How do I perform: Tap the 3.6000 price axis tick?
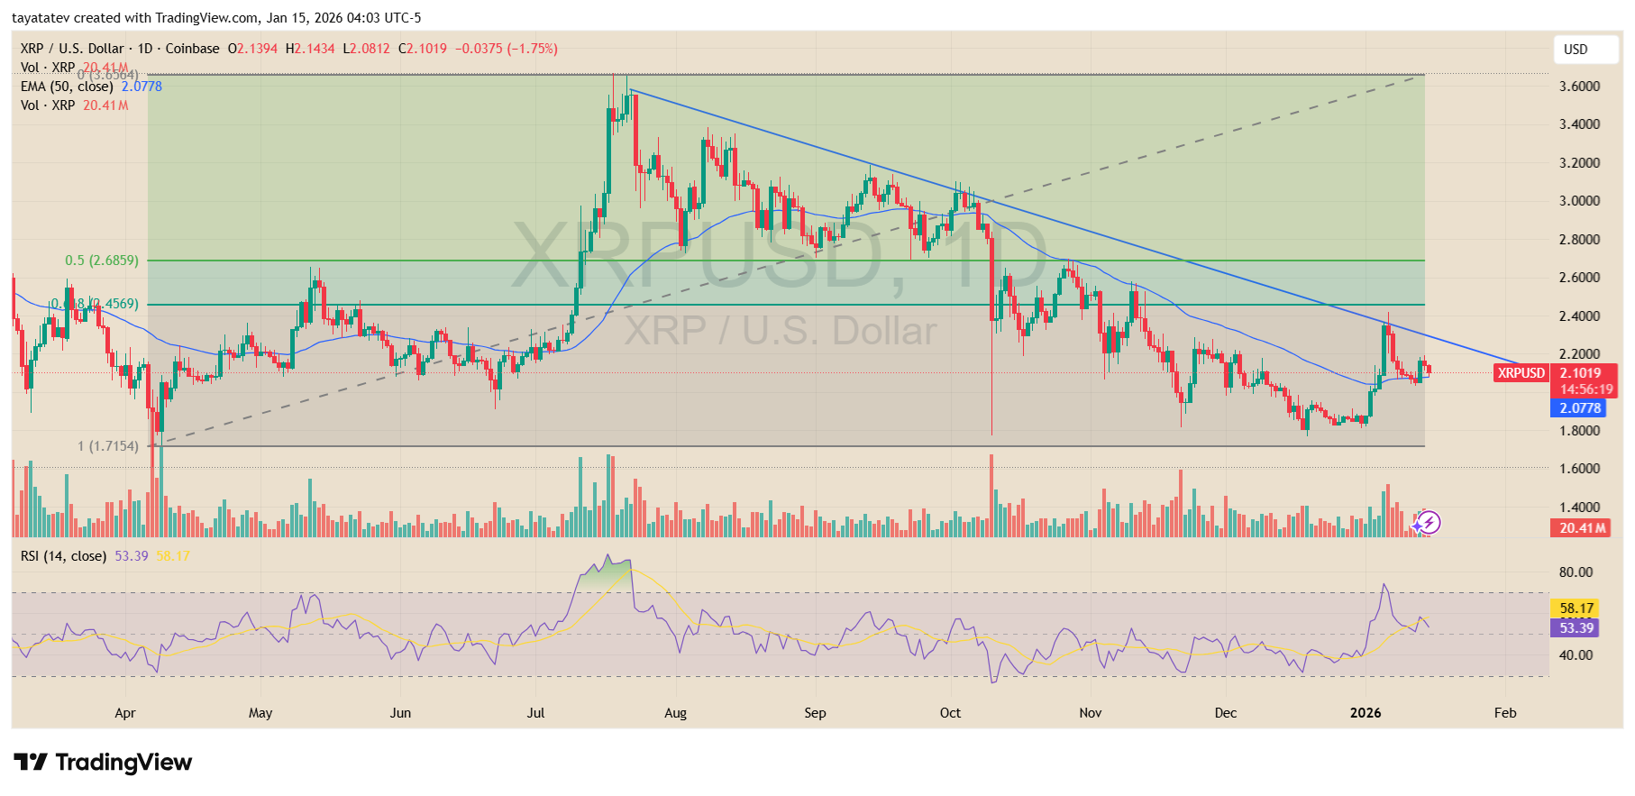(1579, 87)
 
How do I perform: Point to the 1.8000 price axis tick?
(1579, 431)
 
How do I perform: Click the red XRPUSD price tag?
(1521, 373)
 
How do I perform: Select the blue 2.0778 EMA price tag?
(1580, 408)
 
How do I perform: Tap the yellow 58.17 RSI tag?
(1576, 608)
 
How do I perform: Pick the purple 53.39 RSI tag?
(1576, 628)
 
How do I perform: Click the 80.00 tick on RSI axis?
(1576, 572)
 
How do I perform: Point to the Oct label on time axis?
(950, 713)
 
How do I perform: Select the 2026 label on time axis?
(1366, 713)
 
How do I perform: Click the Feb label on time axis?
(1505, 713)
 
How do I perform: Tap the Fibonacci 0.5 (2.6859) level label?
(102, 261)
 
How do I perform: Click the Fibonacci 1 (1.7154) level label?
(108, 446)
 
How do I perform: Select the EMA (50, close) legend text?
(67, 87)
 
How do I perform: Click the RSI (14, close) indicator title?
(63, 556)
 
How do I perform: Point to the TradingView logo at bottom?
(103, 763)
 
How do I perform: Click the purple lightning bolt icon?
(1428, 522)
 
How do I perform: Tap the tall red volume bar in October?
(991, 496)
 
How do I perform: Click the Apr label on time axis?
(125, 713)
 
